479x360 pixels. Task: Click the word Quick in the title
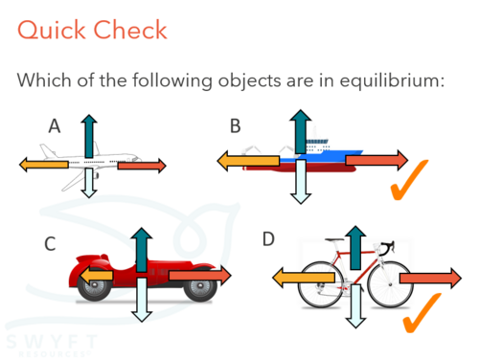click(52, 31)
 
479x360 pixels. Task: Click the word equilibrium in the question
click(392, 80)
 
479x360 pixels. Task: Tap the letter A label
click(55, 125)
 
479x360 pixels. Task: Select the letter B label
click(236, 125)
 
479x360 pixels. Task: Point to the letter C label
click(50, 244)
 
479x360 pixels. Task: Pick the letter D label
click(268, 238)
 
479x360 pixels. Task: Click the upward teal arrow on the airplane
click(89, 136)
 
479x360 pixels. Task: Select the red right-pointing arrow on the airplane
click(142, 166)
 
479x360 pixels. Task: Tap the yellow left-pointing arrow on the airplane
click(44, 165)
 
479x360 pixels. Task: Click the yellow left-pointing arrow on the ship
click(248, 161)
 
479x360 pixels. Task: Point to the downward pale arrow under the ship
click(300, 182)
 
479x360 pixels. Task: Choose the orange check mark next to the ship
click(409, 180)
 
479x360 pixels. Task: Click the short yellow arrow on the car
click(96, 276)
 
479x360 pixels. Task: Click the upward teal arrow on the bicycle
click(355, 248)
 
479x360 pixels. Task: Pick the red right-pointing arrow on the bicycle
click(430, 278)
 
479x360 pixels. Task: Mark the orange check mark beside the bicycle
click(422, 313)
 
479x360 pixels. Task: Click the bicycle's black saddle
click(334, 239)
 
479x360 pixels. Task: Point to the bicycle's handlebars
click(387, 247)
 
